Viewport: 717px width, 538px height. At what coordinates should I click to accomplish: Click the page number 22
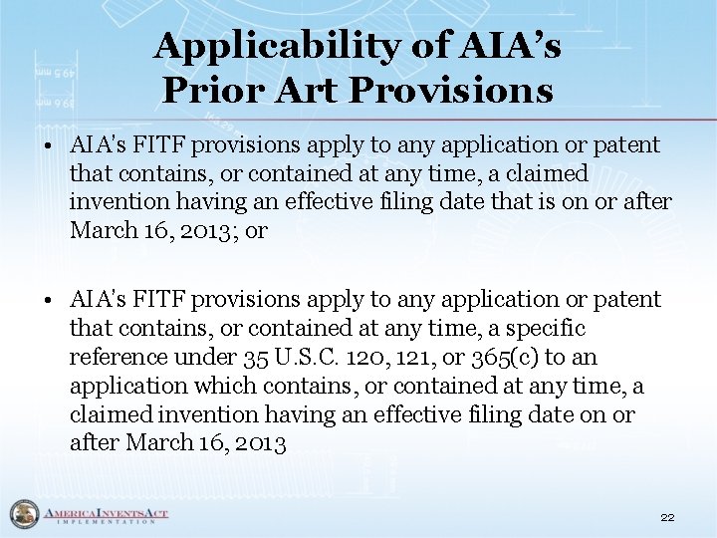[667, 517]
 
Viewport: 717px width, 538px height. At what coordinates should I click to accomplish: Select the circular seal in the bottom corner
[22, 514]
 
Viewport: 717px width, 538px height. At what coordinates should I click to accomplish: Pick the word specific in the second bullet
[548, 328]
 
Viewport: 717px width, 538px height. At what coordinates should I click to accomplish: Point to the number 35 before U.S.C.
[256, 357]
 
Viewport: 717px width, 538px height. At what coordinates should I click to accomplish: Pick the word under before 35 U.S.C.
[204, 357]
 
